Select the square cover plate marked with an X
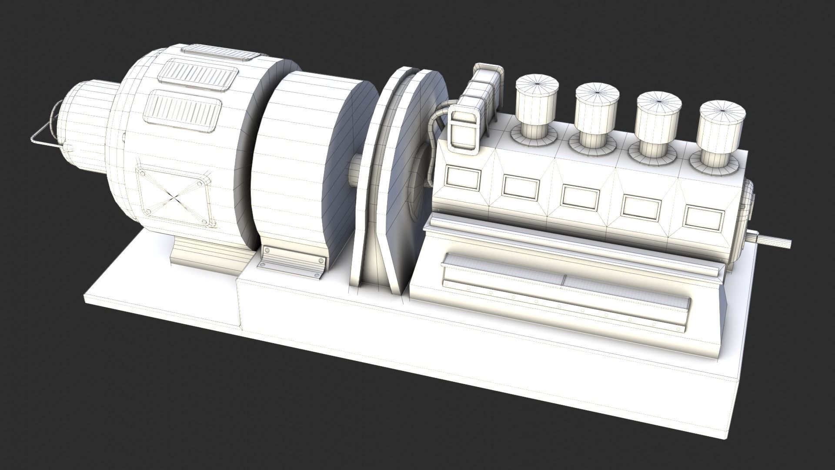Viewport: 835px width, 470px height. tap(174, 196)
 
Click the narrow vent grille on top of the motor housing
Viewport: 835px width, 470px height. tap(220, 54)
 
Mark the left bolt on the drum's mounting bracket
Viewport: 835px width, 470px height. tap(267, 250)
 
